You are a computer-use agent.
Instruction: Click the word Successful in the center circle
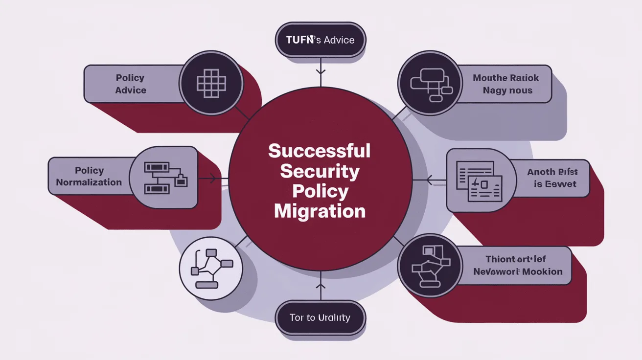(x=319, y=151)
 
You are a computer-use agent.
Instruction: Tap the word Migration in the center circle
(x=320, y=211)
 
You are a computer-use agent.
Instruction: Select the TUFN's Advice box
(x=320, y=39)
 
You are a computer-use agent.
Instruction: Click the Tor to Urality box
(x=320, y=317)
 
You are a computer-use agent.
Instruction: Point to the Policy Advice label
(x=131, y=84)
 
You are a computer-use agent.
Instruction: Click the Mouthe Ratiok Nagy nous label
(x=506, y=84)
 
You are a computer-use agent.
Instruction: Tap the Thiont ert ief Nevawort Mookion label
(x=518, y=265)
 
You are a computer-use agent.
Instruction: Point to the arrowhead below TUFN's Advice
(x=321, y=71)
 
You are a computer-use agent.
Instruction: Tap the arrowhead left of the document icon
(x=429, y=180)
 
